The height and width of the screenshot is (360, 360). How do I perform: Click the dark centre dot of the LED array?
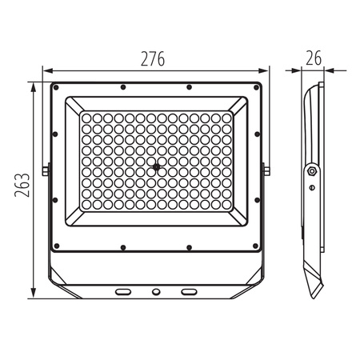click(157, 167)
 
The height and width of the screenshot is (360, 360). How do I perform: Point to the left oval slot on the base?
click(123, 292)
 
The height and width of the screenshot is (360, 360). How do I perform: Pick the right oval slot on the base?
click(189, 292)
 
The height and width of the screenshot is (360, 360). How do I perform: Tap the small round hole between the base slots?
click(156, 292)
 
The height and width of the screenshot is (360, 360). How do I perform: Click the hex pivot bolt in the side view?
click(312, 170)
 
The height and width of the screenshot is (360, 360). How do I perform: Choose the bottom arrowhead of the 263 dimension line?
click(34, 294)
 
